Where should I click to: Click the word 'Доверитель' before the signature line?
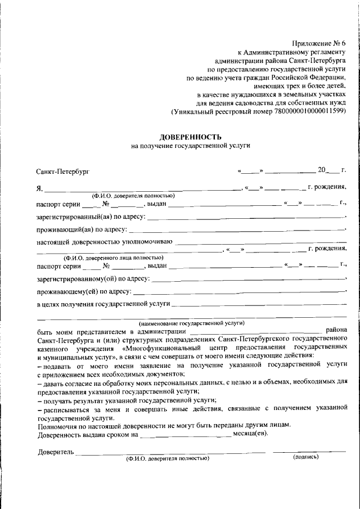tap(56, 452)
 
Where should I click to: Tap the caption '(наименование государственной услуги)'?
tap(191, 323)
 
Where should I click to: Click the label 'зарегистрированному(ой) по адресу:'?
tap(93, 278)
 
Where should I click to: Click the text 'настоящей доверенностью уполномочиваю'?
tap(105, 242)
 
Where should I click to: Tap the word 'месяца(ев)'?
tap(250, 434)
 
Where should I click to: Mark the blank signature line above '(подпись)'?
tap(309, 451)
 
